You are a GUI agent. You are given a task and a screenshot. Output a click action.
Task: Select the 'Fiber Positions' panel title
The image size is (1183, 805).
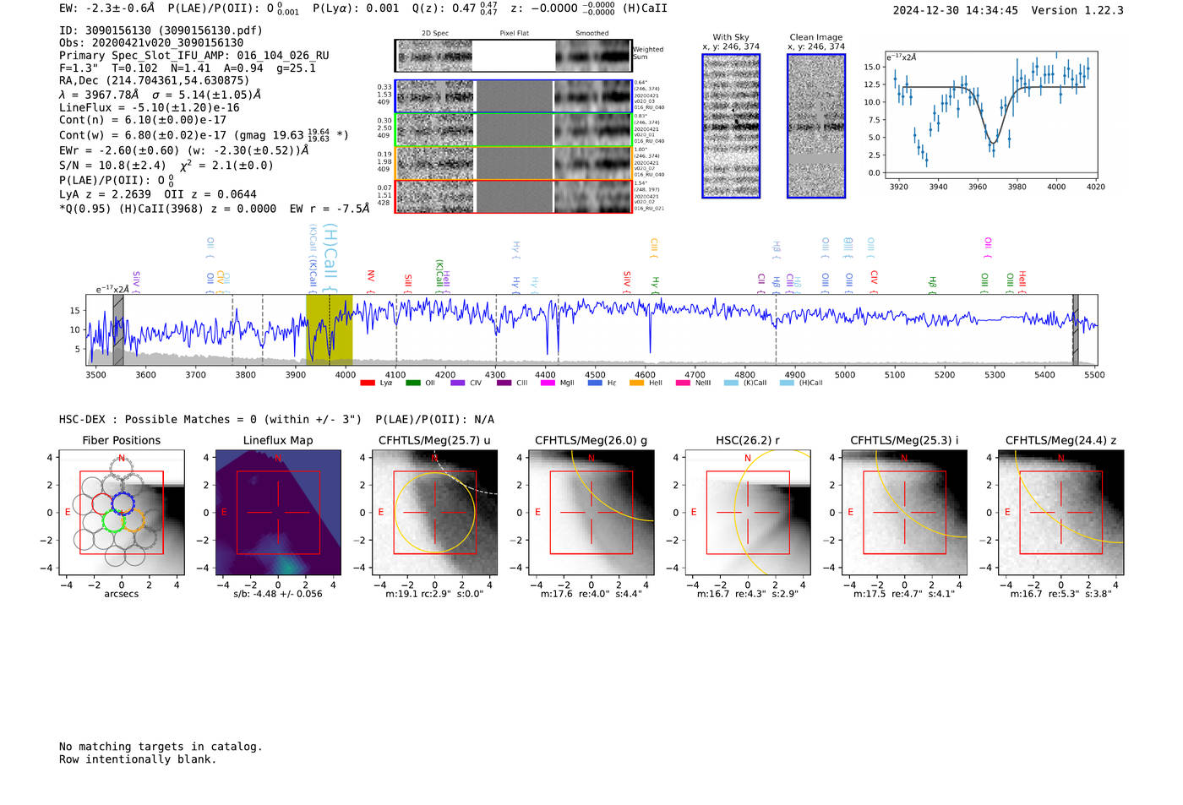(x=121, y=440)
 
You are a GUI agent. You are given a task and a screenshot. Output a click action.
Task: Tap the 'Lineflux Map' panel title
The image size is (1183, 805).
(x=277, y=440)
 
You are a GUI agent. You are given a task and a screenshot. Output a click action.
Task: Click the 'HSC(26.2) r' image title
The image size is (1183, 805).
(x=747, y=440)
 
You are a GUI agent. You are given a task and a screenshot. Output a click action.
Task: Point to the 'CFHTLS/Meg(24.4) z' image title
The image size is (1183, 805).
(x=1060, y=440)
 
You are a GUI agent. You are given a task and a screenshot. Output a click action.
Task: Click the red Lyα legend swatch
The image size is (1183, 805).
(x=368, y=383)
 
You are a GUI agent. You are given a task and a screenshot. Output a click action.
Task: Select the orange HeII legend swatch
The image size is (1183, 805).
(x=636, y=383)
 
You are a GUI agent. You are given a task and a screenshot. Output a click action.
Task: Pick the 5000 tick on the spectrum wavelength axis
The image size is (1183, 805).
(x=844, y=375)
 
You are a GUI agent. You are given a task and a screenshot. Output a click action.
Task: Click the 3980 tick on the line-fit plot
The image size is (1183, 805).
(x=1017, y=187)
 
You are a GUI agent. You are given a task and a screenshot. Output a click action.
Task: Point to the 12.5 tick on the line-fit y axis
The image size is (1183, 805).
(x=873, y=84)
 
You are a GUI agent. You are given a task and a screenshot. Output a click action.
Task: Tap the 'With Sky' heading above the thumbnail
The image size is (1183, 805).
(x=731, y=37)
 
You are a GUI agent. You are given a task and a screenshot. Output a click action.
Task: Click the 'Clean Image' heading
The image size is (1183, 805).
(x=815, y=37)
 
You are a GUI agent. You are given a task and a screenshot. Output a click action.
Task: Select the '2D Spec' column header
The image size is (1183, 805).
(x=434, y=34)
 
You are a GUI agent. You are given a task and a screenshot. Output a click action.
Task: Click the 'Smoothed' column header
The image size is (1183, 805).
(x=591, y=34)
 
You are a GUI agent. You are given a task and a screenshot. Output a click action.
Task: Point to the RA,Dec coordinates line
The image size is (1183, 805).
(x=154, y=80)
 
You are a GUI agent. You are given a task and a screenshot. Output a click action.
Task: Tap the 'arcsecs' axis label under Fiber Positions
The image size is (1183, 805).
(x=121, y=594)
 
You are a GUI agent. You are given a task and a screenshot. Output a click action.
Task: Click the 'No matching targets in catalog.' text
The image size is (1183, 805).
(x=161, y=746)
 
